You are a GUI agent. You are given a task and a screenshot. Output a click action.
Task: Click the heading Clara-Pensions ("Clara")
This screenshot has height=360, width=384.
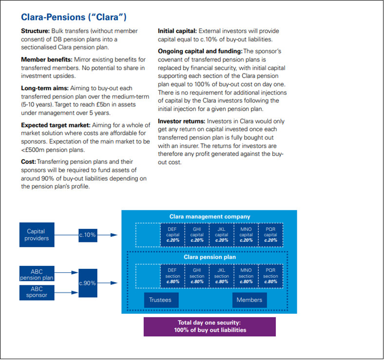[x=74, y=18]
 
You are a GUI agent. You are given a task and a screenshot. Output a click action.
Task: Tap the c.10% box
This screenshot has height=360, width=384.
[x=87, y=235]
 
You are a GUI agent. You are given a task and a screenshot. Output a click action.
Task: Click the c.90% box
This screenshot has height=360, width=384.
[x=87, y=282]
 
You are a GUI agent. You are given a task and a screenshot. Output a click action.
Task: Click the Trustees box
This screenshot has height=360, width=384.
[x=161, y=300]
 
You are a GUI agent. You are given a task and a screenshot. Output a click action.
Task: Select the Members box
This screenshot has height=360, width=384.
[x=249, y=300]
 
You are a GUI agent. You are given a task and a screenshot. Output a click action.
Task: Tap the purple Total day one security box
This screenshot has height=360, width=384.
[x=210, y=326]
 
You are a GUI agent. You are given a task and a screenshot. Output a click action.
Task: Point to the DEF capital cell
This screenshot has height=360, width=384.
[x=173, y=234]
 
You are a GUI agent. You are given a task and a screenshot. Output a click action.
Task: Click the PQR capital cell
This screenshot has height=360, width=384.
[x=270, y=234]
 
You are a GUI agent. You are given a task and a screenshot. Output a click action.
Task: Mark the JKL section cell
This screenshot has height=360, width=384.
[x=222, y=276]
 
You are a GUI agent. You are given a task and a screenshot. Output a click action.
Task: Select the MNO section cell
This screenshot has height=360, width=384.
[x=246, y=276]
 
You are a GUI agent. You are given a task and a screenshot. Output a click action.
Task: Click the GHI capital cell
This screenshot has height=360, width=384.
[x=197, y=234]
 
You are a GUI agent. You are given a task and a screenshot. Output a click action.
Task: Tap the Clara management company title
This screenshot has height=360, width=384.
[x=210, y=216]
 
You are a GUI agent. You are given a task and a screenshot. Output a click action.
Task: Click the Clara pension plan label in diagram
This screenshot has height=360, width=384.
[x=210, y=257]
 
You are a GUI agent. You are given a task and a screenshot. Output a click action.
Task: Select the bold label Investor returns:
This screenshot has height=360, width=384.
[x=181, y=121]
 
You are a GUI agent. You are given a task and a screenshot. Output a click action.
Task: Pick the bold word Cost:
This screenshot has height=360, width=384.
[x=28, y=161]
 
